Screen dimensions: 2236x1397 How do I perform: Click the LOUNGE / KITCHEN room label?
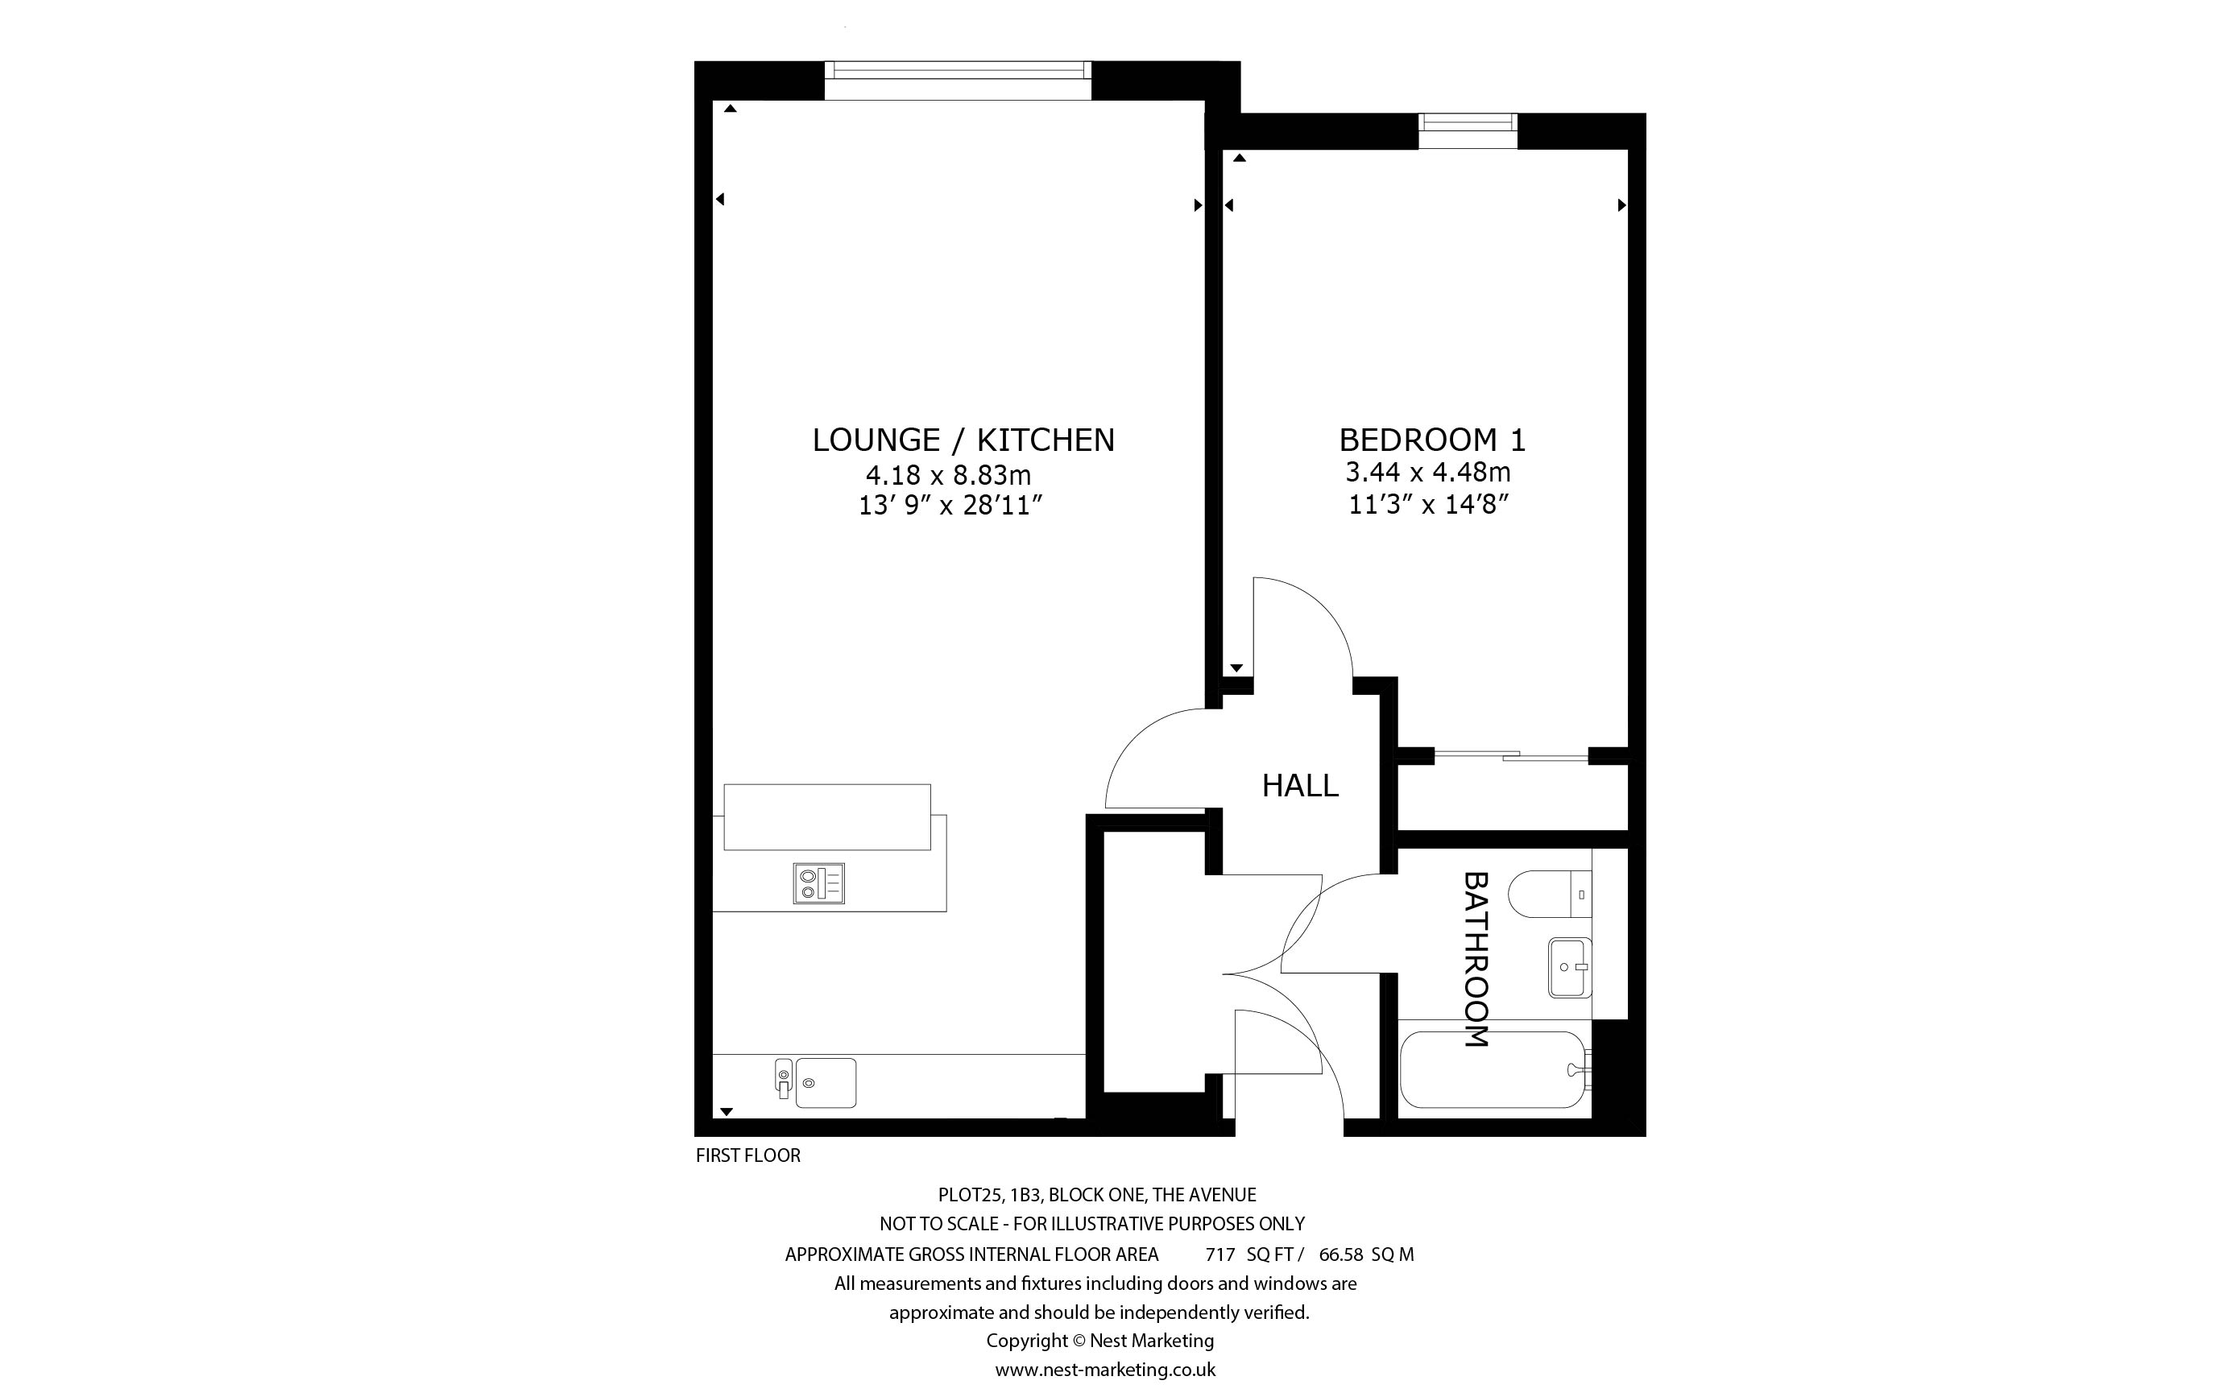click(963, 440)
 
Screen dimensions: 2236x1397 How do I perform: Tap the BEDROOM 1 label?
click(1432, 439)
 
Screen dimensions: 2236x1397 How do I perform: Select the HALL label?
click(1300, 785)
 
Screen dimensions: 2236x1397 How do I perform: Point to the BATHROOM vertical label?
click(1476, 959)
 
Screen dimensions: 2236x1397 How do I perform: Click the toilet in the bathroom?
click(1550, 895)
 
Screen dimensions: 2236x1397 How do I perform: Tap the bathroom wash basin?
click(1571, 967)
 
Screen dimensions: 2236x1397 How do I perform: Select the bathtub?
click(1495, 1070)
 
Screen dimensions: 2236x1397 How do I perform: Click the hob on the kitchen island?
click(818, 883)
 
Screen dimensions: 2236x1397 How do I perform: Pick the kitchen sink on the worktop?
click(816, 1082)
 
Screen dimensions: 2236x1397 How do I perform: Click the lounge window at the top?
click(957, 81)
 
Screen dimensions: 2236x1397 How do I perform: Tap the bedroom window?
click(1468, 130)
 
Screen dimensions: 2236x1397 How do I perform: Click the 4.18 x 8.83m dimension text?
click(948, 475)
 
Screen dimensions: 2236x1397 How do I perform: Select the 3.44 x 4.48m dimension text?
click(1427, 472)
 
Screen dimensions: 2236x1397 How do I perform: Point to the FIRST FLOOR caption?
click(747, 1155)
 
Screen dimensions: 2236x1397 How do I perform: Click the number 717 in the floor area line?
click(1219, 1254)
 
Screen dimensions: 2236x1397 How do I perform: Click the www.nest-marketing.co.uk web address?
click(1105, 1370)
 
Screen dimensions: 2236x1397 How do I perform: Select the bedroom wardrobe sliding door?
click(1512, 754)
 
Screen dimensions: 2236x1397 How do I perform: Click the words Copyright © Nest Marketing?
click(1099, 1340)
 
